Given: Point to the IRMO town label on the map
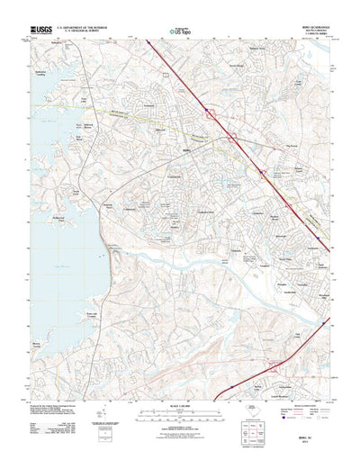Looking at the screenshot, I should coord(187,149).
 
